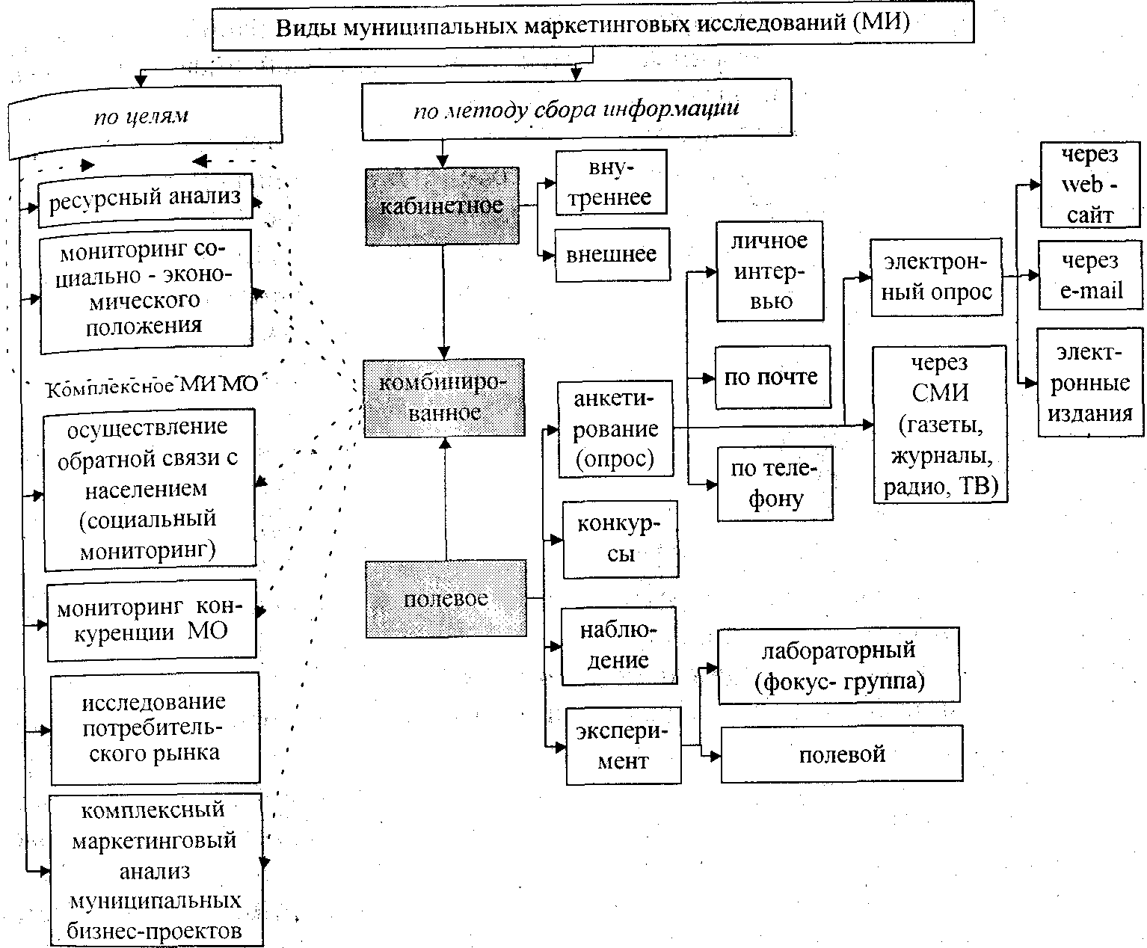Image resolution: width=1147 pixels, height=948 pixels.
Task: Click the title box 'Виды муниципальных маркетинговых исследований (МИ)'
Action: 593,26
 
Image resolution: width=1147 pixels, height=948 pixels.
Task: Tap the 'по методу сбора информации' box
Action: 576,109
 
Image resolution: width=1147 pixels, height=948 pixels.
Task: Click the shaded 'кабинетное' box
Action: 442,206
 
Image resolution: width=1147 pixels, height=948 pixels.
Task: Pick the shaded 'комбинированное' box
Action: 445,398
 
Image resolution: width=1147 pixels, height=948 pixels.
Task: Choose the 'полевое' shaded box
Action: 446,598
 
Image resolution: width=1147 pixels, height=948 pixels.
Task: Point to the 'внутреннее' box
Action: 610,183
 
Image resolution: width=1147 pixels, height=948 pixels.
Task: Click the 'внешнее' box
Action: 612,254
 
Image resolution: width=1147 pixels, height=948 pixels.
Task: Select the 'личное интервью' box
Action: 769,271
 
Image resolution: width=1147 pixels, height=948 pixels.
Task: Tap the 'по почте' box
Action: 772,377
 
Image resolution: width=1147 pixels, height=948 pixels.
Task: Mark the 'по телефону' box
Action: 775,484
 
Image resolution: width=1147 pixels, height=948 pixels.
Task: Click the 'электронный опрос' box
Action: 936,277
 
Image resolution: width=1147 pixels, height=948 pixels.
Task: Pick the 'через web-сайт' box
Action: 1091,185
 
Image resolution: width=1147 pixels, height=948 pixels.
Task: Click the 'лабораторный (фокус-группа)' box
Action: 838,666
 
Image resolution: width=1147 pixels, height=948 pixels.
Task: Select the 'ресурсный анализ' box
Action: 145,197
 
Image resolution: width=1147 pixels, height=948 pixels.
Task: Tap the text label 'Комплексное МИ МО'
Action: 153,387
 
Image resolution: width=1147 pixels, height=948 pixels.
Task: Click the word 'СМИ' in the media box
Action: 940,393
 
